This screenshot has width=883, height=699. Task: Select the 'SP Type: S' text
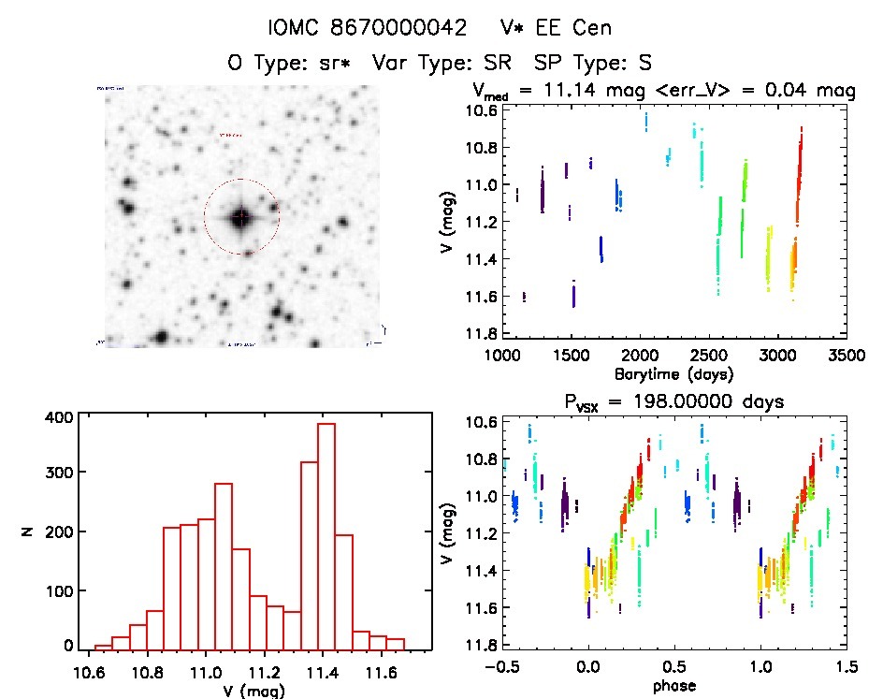coord(591,63)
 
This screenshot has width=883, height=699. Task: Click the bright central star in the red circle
coord(241,217)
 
